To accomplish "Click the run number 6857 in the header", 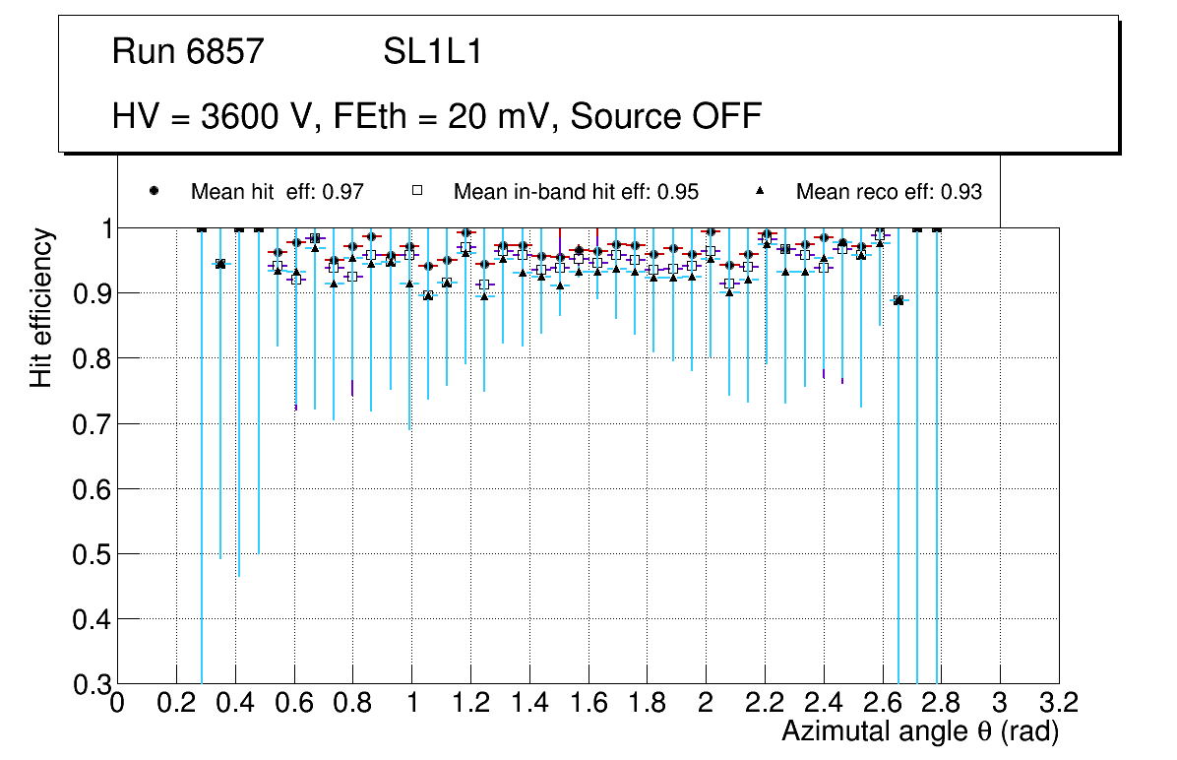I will pyautogui.click(x=225, y=52).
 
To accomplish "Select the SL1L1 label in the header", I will pyautogui.click(x=433, y=52).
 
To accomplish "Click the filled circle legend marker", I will pyautogui.click(x=154, y=191).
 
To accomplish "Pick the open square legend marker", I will pyautogui.click(x=417, y=191).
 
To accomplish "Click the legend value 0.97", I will pyautogui.click(x=346, y=192).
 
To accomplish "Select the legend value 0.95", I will pyautogui.click(x=680, y=192).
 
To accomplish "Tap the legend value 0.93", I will pyautogui.click(x=962, y=192).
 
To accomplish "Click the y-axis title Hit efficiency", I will pyautogui.click(x=41, y=307).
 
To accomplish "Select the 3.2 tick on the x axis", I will pyautogui.click(x=1059, y=703).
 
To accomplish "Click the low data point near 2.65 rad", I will pyautogui.click(x=898, y=300).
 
